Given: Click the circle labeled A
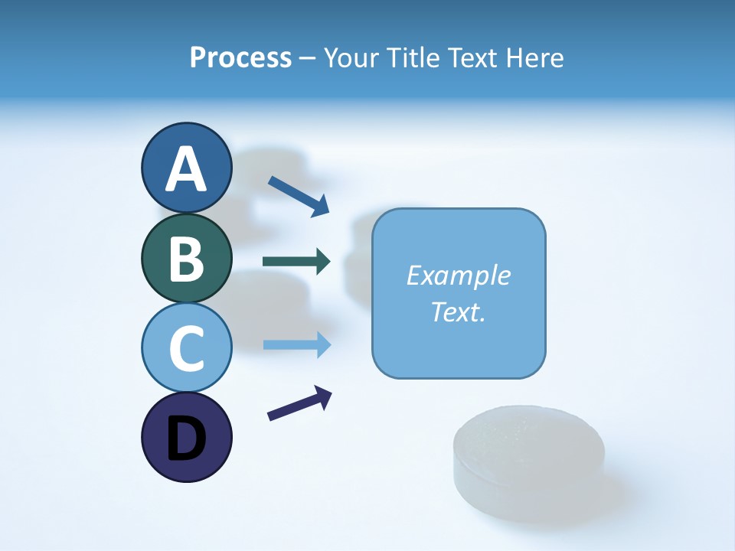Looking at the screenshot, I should pyautogui.click(x=186, y=168).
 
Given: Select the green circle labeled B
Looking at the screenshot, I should pyautogui.click(x=186, y=258).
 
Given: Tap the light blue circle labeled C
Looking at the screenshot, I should pyautogui.click(x=186, y=347).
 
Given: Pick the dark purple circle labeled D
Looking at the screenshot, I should pyautogui.click(x=186, y=437).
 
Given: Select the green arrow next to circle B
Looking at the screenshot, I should pyautogui.click(x=296, y=262).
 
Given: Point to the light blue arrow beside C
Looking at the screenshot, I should pyautogui.click(x=296, y=344).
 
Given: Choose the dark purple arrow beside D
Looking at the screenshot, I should pyautogui.click(x=299, y=403).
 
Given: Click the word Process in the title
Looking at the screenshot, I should pyautogui.click(x=240, y=58).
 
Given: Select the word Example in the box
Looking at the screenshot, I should pyautogui.click(x=459, y=275).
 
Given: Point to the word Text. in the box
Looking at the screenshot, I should pyautogui.click(x=459, y=311).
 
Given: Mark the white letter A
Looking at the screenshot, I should pyautogui.click(x=186, y=169).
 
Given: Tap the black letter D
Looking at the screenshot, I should pyautogui.click(x=186, y=439).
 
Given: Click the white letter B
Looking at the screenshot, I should pyautogui.click(x=186, y=259).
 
